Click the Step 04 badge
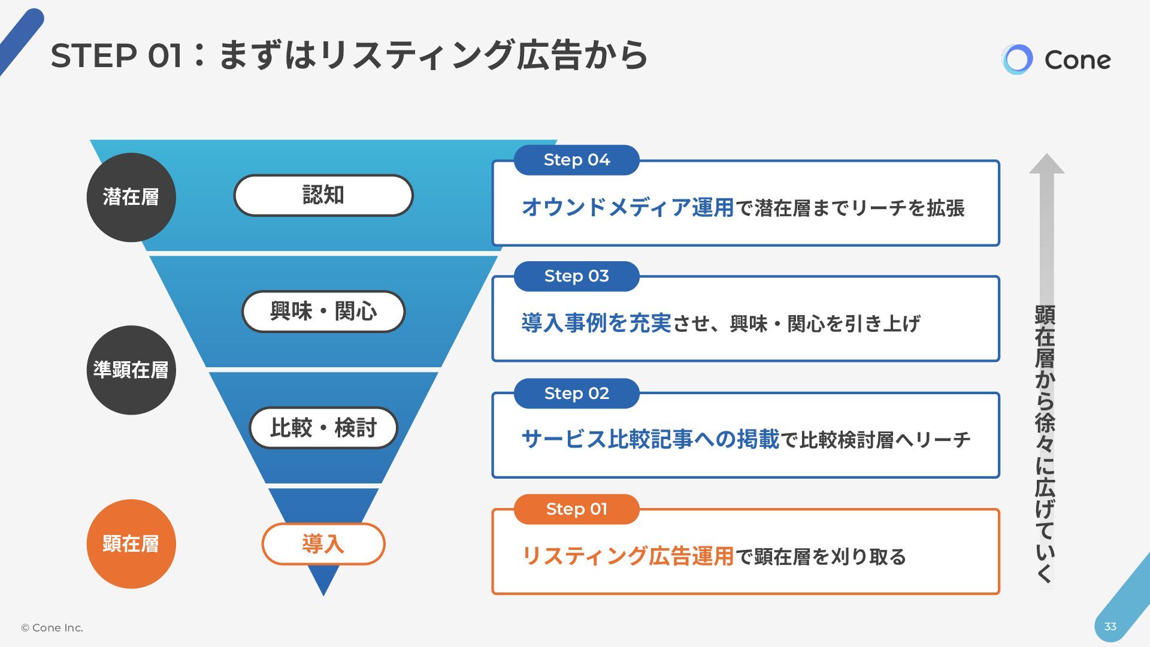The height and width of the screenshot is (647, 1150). [576, 160]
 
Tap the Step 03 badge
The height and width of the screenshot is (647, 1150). [576, 276]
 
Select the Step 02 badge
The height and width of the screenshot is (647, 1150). [576, 394]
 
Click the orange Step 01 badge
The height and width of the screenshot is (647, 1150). [576, 509]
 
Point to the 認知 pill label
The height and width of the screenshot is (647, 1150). [323, 195]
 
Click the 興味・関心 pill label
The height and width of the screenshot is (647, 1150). [323, 312]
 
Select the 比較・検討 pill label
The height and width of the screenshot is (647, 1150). [323, 428]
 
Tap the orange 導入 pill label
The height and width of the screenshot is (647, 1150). [323, 544]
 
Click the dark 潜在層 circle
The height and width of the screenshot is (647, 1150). [131, 197]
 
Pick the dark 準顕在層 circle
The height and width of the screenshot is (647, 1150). [131, 370]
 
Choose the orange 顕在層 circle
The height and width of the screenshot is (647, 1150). [131, 544]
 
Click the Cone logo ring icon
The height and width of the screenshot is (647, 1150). [1017, 59]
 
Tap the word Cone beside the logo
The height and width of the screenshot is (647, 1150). [1077, 60]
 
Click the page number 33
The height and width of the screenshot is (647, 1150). [1110, 627]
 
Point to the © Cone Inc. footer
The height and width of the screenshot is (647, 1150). [52, 628]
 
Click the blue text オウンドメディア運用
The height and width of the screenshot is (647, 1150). [628, 208]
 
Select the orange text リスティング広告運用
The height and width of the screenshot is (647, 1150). [628, 557]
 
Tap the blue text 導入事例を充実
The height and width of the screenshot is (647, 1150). [596, 323]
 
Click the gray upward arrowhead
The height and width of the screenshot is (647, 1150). [1046, 164]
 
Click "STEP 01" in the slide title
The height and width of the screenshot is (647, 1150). [116, 56]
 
